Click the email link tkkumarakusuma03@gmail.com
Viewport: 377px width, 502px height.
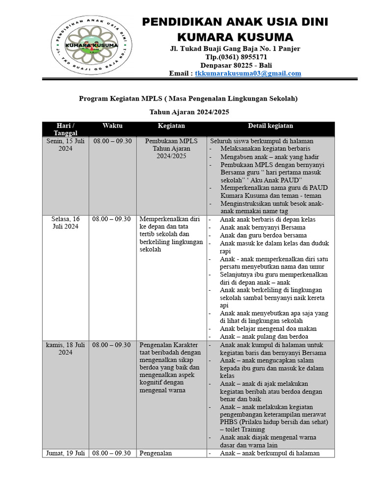click(248, 74)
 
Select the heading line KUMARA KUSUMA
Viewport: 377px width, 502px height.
click(235, 37)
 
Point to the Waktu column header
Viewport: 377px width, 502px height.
click(112, 126)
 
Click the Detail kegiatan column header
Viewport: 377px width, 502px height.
click(270, 126)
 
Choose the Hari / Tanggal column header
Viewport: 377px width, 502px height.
click(65, 129)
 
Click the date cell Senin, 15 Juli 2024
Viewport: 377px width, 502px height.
click(65, 145)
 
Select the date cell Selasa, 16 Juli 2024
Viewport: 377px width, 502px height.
click(65, 223)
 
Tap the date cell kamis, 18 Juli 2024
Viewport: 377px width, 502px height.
click(65, 349)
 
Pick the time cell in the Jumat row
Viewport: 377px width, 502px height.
click(112, 453)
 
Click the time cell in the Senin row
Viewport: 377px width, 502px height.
click(112, 141)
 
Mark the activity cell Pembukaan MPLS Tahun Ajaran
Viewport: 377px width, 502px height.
click(171, 149)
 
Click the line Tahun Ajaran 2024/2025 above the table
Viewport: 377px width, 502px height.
click(189, 112)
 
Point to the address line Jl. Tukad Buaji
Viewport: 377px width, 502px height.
click(235, 49)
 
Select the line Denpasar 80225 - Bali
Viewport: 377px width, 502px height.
click(235, 65)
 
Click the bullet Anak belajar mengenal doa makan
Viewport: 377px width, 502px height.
click(268, 329)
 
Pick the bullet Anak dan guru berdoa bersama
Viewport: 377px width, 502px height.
click(263, 235)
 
